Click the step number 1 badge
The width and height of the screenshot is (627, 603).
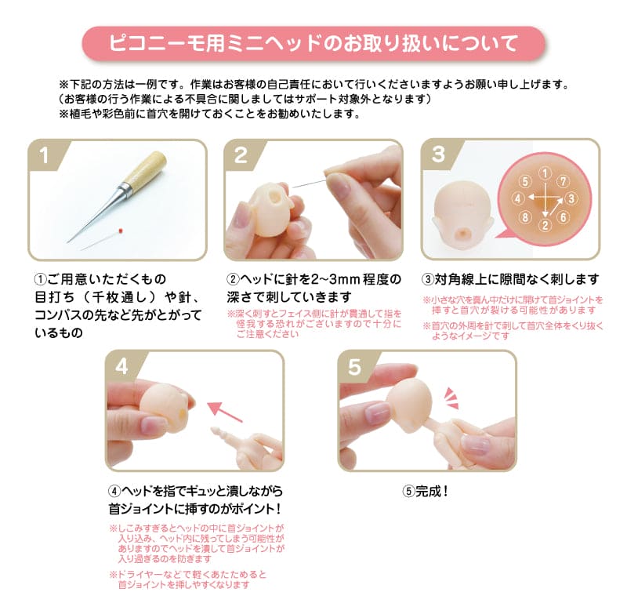[x=45, y=155]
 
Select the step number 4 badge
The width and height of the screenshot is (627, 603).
[x=122, y=366]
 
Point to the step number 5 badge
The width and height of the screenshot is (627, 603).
[x=354, y=366]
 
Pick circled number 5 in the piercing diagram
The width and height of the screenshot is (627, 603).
[x=527, y=182]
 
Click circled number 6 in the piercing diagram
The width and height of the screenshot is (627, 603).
[x=563, y=216]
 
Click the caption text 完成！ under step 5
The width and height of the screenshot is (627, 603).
[x=426, y=492]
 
